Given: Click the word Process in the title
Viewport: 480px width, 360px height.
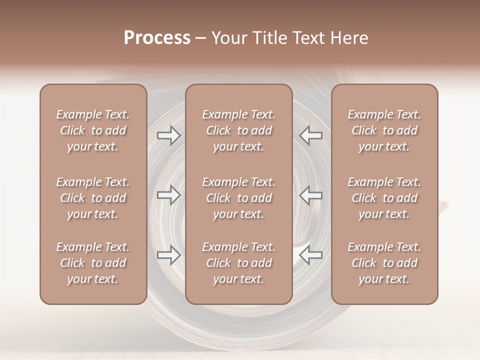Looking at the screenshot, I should (x=157, y=38).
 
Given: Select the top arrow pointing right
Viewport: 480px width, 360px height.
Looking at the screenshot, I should (x=168, y=135).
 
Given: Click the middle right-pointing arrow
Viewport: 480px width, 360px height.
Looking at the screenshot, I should (x=168, y=195).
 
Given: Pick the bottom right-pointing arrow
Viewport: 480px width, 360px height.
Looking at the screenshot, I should (x=168, y=255).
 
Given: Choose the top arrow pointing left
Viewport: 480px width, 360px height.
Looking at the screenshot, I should (x=311, y=135).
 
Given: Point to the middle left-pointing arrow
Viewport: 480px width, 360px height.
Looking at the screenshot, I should (x=311, y=195).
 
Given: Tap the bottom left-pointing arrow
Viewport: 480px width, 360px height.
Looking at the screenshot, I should (x=311, y=255).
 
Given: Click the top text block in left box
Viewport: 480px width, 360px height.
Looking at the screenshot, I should (x=93, y=130).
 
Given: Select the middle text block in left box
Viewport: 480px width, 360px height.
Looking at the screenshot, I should (x=93, y=198).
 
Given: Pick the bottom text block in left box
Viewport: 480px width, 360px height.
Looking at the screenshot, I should (x=93, y=263).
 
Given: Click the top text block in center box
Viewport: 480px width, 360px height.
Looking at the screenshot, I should (x=239, y=130).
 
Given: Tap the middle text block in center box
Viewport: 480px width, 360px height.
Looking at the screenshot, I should (x=239, y=198).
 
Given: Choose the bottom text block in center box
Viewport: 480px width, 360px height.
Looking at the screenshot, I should (x=239, y=263).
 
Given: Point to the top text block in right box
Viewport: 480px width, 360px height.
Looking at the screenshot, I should (x=384, y=130).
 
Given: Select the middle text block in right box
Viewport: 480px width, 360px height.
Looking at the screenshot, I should (x=384, y=198).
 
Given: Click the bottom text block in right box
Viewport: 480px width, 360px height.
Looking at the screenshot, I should (x=384, y=263).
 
